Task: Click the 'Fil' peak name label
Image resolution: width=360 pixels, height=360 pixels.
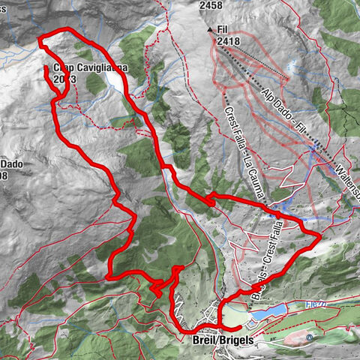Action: [x=222, y=30]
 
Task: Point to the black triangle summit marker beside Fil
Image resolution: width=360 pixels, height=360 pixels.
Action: [x=210, y=30]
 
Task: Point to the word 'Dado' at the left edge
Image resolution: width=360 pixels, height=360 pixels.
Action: [x=10, y=165]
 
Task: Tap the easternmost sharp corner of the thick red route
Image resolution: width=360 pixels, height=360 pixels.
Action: [x=320, y=235]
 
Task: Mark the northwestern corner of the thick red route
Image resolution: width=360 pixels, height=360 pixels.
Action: [x=40, y=39]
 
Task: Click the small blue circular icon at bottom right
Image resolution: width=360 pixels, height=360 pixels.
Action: [x=310, y=337]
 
